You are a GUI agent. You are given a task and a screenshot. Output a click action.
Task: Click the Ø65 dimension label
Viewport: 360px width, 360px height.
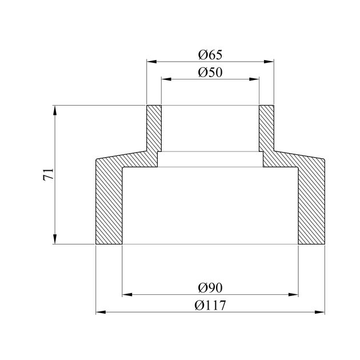pos(210,55)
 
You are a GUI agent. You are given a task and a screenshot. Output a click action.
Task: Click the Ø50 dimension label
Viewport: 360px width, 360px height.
pos(210,73)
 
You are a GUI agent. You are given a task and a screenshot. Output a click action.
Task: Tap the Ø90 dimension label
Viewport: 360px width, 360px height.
pos(210,288)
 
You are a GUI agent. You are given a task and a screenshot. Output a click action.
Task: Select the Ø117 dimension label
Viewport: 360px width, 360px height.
pos(210,305)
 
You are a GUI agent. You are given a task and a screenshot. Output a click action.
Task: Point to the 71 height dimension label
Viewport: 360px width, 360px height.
pos(48,174)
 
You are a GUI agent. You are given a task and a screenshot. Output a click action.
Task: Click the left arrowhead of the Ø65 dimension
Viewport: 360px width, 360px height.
pos(151,62)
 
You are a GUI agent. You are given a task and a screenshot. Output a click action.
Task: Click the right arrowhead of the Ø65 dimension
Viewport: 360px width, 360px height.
pos(269,62)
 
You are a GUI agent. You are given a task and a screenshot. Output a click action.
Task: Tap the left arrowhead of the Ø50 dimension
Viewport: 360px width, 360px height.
pos(166,79)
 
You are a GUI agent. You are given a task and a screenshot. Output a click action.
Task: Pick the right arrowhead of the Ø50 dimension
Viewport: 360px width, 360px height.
pos(254,79)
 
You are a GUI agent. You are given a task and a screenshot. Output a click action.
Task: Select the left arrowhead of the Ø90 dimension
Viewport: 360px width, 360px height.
pos(127,294)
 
